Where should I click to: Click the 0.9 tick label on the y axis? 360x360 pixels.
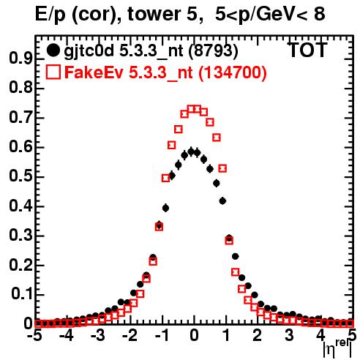pyautogui.click(x=20, y=59)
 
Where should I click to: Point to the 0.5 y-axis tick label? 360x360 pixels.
pyautogui.click(x=20, y=176)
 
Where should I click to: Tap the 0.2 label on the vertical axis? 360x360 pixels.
pyautogui.click(x=20, y=265)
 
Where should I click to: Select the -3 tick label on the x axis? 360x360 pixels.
pyautogui.click(x=98, y=335)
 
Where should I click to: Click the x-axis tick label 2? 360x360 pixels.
pyautogui.click(x=258, y=335)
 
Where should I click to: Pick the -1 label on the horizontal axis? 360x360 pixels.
pyautogui.click(x=162, y=335)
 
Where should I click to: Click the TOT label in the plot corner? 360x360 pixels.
pyautogui.click(x=307, y=50)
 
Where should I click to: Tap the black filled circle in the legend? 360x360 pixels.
pyautogui.click(x=53, y=50)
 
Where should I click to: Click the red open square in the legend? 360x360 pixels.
pyautogui.click(x=53, y=72)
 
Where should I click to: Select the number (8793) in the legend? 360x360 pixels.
pyautogui.click(x=214, y=51)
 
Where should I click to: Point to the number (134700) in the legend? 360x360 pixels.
pyautogui.click(x=233, y=73)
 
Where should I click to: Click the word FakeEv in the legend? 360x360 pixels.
pyautogui.click(x=94, y=72)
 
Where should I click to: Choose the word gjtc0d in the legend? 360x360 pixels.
pyautogui.click(x=89, y=51)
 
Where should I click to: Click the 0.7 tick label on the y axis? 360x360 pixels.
pyautogui.click(x=20, y=118)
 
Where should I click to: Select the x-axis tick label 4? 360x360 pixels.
pyautogui.click(x=321, y=335)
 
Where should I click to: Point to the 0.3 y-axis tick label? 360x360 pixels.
pyautogui.click(x=20, y=236)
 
